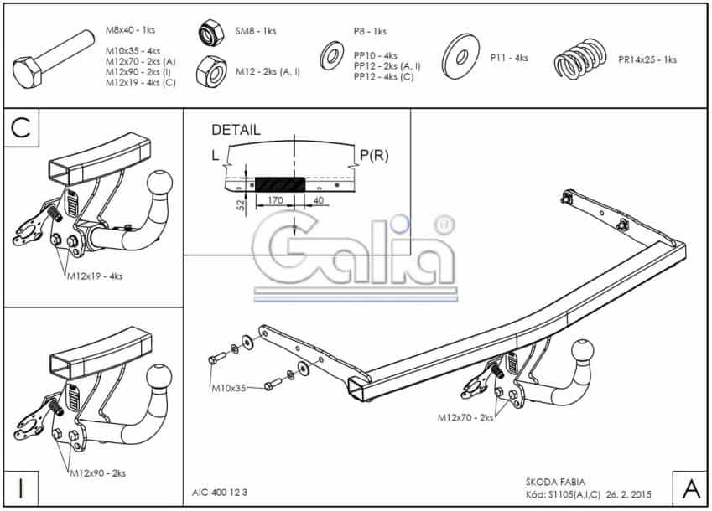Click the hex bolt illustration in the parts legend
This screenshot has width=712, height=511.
point(52,59)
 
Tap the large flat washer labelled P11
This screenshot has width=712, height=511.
point(460,56)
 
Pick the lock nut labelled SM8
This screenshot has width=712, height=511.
point(211,34)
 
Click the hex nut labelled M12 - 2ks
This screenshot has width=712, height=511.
point(211,72)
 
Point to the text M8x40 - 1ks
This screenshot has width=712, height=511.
point(130,30)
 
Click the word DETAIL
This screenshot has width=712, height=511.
point(236,130)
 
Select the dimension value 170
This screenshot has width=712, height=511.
point(276,200)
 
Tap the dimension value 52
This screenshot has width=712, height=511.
point(242,204)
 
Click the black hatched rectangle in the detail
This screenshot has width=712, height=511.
point(280,184)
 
